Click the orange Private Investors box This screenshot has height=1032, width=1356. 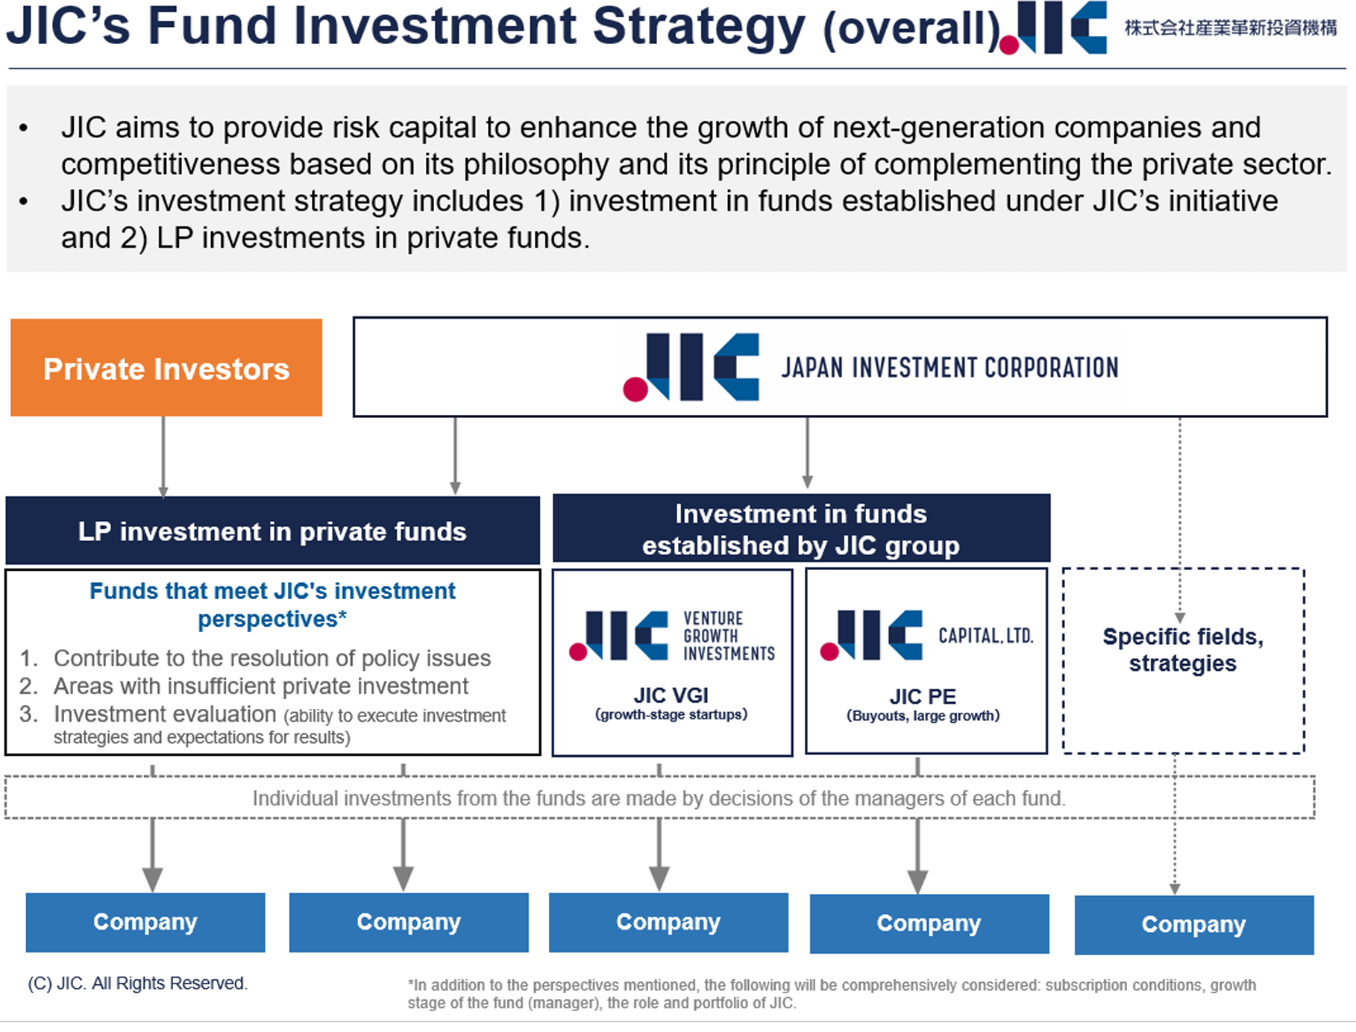point(166,368)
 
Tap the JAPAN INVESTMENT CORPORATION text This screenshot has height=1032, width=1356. point(949,368)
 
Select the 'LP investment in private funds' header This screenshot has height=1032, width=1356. point(272,531)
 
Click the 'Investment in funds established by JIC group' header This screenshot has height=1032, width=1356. point(801,529)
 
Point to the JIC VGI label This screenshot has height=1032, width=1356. point(671,695)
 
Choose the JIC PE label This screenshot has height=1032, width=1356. point(923,696)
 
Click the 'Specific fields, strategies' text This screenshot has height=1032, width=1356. point(1183,650)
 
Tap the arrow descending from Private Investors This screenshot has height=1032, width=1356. point(163,456)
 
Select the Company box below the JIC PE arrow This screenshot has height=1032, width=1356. point(929,924)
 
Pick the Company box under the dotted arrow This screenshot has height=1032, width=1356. point(1193,925)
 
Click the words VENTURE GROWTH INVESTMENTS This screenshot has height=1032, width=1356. point(729,636)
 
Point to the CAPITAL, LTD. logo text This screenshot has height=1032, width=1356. point(985,636)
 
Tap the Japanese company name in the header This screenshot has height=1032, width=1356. point(1231,28)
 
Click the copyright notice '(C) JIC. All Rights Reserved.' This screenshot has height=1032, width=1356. point(137,983)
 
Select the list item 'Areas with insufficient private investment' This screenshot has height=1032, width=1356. point(260,686)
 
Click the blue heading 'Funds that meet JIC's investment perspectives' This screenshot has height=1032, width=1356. point(272,604)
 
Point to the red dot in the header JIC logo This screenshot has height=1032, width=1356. point(1009,46)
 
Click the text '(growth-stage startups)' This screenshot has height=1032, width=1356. point(671,715)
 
